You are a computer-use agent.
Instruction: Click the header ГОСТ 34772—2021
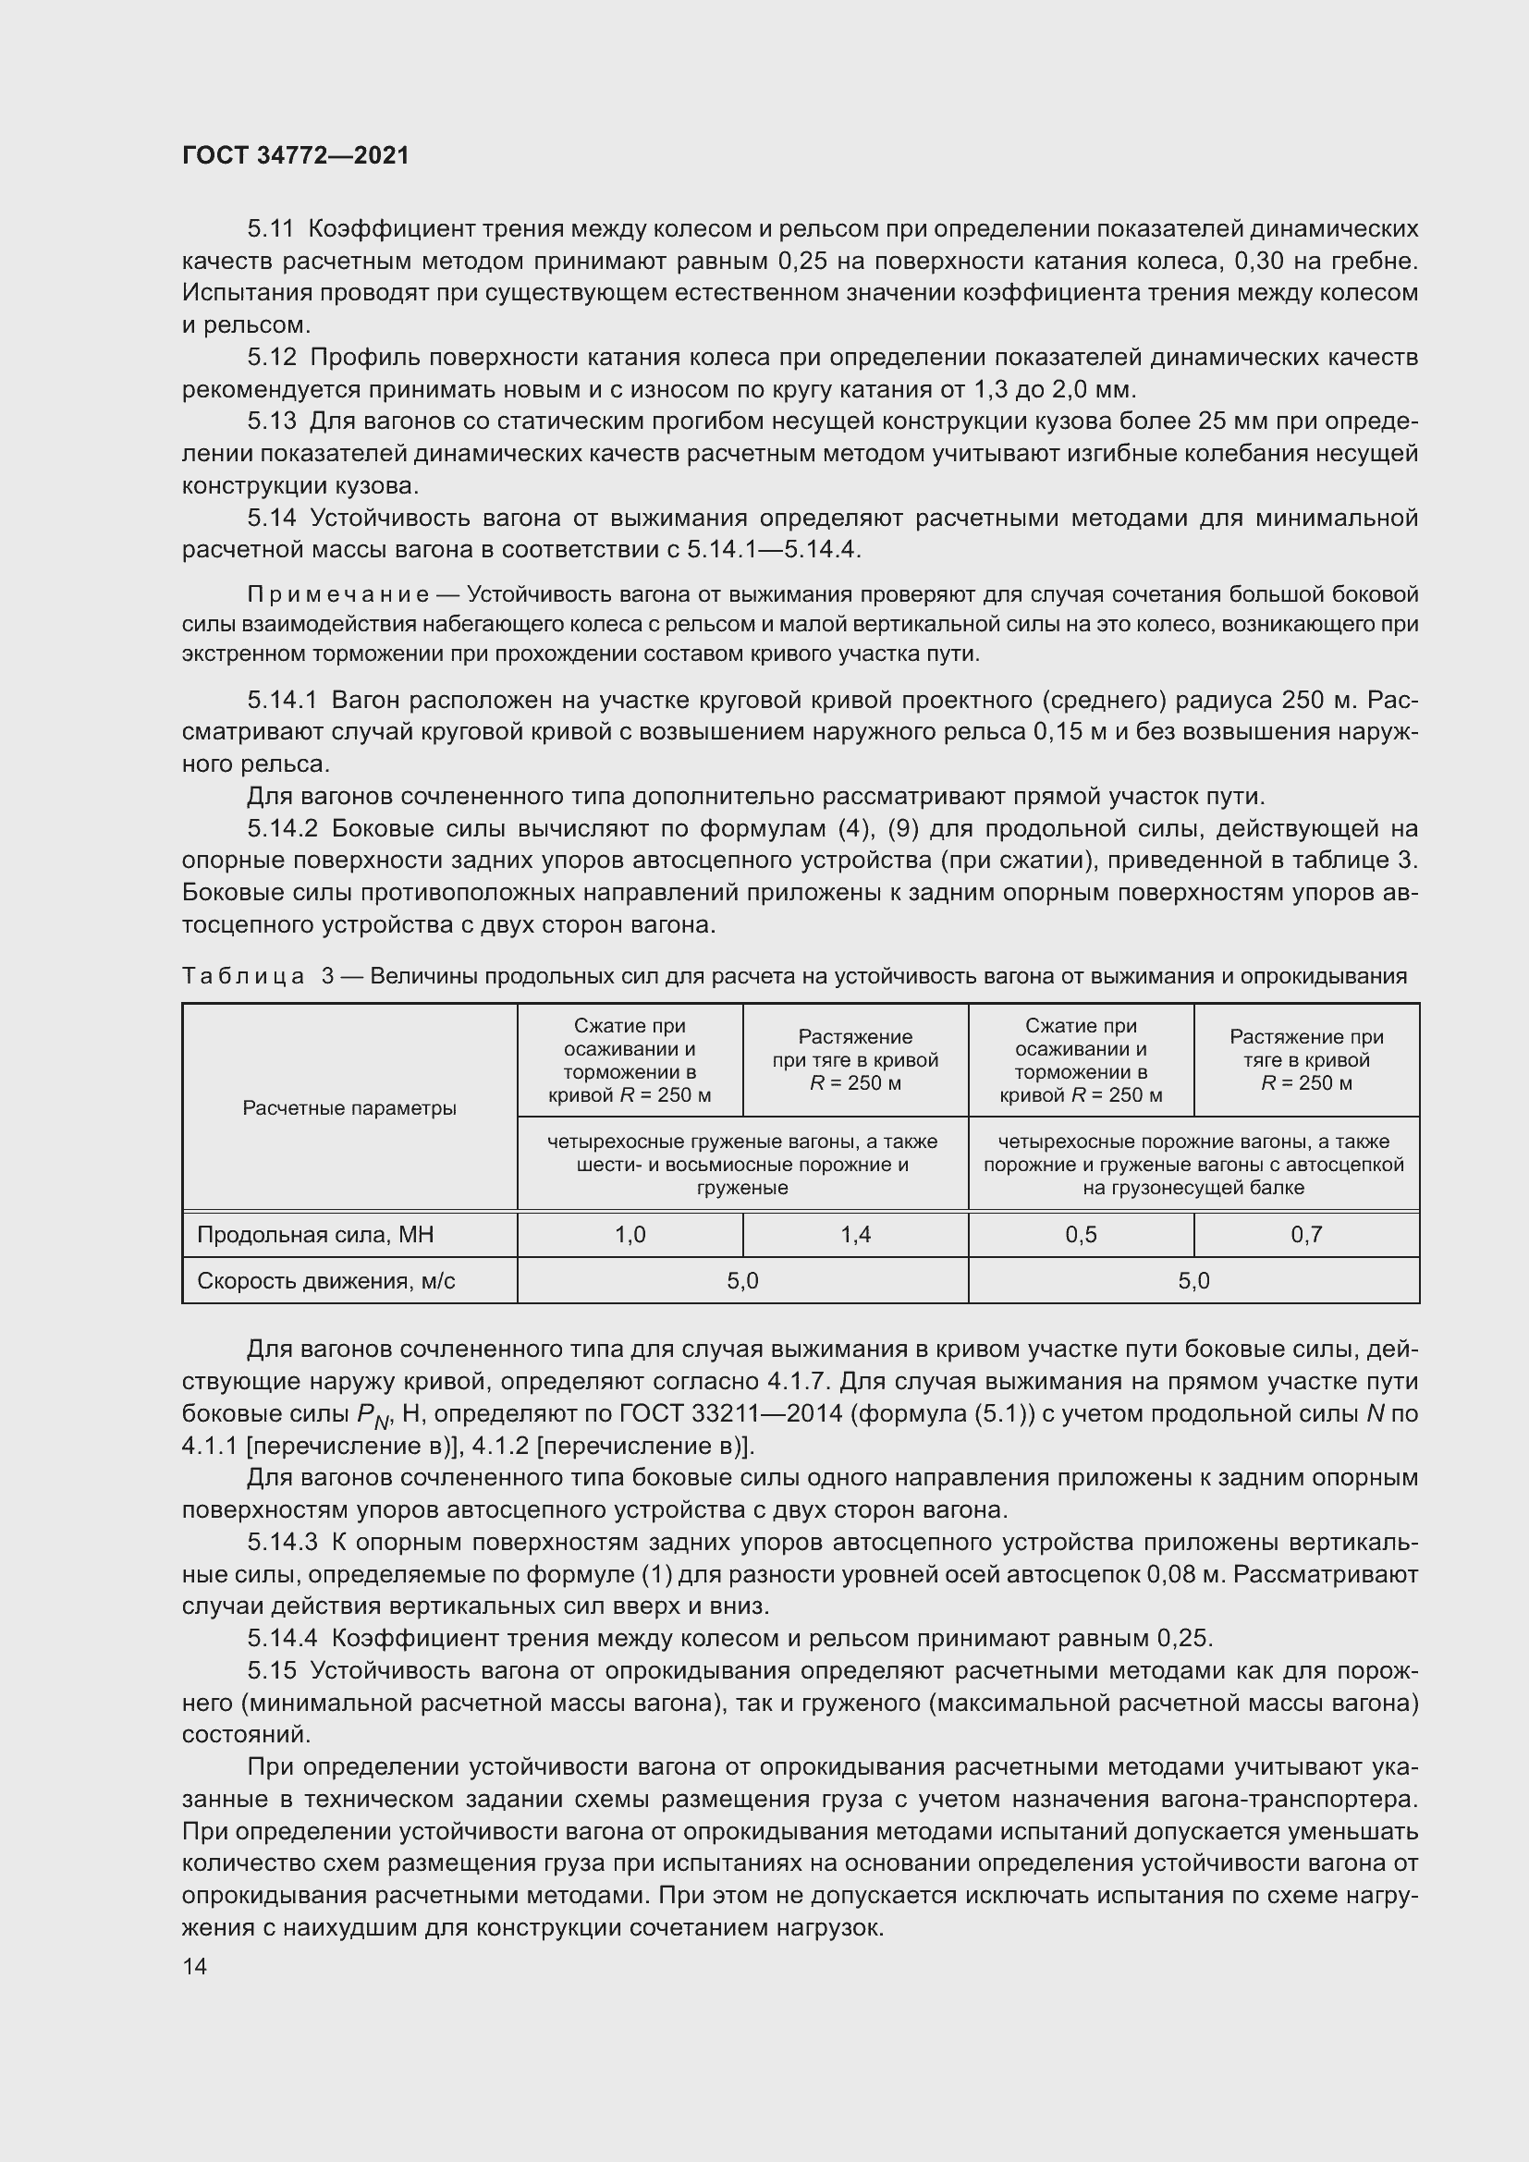pyautogui.click(x=296, y=155)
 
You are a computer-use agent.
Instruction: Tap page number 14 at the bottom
pyautogui.click(x=194, y=1966)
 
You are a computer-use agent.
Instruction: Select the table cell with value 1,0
pyautogui.click(x=629, y=1235)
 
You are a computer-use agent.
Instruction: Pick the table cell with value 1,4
pyautogui.click(x=855, y=1235)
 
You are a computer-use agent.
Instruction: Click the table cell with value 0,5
pyautogui.click(x=1080, y=1235)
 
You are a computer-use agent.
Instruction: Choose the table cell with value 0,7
pyautogui.click(x=1306, y=1235)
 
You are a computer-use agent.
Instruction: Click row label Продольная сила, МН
pyautogui.click(x=314, y=1235)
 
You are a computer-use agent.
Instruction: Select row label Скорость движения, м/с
pyautogui.click(x=325, y=1280)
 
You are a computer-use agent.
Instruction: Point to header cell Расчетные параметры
pyautogui.click(x=349, y=1108)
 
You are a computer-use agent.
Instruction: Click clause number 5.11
pyautogui.click(x=271, y=229)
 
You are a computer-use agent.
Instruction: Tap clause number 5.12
pyautogui.click(x=271, y=358)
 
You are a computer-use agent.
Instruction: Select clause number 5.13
pyautogui.click(x=271, y=421)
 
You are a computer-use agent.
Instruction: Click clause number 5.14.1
pyautogui.click(x=285, y=701)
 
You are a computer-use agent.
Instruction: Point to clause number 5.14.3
pyautogui.click(x=285, y=1543)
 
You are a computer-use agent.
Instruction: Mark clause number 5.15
pyautogui.click(x=271, y=1670)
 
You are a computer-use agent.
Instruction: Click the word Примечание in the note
pyautogui.click(x=338, y=595)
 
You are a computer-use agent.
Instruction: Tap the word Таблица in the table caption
pyautogui.click(x=243, y=976)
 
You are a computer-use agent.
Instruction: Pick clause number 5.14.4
pyautogui.click(x=285, y=1639)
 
